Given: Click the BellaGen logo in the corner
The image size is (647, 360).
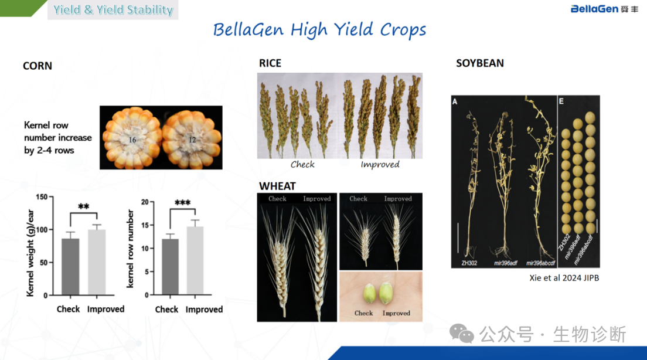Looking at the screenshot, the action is point(604,9).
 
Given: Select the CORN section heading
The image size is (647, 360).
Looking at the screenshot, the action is point(38,66).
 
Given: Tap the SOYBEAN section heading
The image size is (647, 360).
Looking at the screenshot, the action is point(480,63).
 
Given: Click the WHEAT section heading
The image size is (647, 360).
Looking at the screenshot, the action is point(277,186).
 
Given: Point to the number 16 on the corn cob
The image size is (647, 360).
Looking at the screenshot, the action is point(132,140).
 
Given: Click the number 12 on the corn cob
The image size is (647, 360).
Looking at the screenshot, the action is point(192,140).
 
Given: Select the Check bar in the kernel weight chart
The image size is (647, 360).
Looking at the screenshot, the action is point(70,267).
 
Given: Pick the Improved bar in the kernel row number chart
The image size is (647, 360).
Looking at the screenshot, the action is point(195,261).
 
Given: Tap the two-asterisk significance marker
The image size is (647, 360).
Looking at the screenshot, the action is point(84,206).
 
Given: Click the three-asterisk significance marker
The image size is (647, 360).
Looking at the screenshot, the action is point(182,202).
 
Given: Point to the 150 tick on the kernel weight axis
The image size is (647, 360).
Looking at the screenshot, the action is point(42,197).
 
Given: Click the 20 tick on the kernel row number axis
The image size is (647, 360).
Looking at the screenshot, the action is point(145,202).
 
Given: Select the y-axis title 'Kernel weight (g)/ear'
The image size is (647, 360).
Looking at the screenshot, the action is point(30,253).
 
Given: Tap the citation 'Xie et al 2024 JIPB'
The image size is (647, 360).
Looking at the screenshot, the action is point(564,278).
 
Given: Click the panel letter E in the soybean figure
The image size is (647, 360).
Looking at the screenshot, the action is point(561,101).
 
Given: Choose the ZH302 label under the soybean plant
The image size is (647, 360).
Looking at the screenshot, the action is point(469,263).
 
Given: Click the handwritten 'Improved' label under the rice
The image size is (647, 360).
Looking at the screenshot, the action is point(380,164).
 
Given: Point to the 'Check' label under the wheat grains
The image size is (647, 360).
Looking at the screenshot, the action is point(363,313).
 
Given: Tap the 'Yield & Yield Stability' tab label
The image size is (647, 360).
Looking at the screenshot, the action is point(113,9).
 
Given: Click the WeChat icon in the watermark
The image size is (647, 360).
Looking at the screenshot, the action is point(461,334).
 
